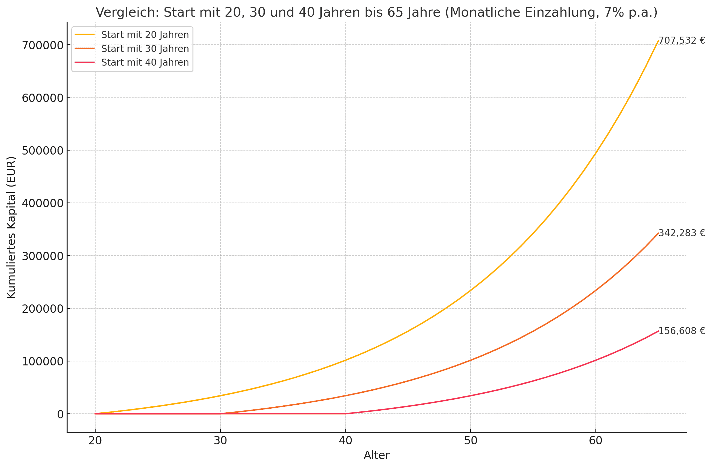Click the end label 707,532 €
click(x=682, y=41)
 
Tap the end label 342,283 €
click(x=682, y=233)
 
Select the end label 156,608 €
click(x=682, y=331)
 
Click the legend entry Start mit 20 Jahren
click(x=145, y=35)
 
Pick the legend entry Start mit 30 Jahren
click(x=145, y=49)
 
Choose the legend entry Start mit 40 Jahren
click(x=145, y=62)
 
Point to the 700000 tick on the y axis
click(x=43, y=45)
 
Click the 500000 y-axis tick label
click(x=43, y=151)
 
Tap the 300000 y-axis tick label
click(x=43, y=256)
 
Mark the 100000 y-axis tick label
click(x=43, y=361)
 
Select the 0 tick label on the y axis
click(x=60, y=414)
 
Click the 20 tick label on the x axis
click(x=95, y=441)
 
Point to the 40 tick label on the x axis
click(x=345, y=441)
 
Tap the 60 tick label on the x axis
click(x=595, y=441)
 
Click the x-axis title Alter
click(x=377, y=455)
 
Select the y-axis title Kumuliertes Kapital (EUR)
click(x=11, y=228)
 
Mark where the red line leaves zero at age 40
click(x=345, y=414)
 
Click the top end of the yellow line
click(x=658, y=41)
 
